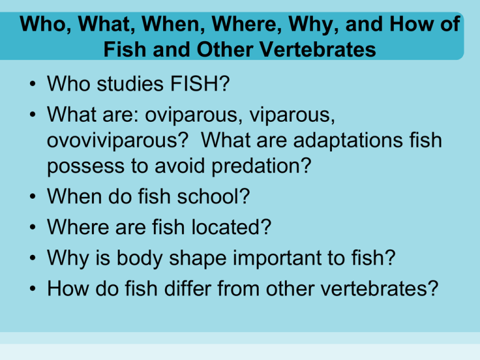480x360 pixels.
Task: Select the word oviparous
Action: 191,116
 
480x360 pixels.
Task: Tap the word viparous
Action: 290,116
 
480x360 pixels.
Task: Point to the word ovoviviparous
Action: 114,141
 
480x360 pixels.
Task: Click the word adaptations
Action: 347,141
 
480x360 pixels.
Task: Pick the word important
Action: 277,259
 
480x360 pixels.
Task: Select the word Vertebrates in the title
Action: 317,49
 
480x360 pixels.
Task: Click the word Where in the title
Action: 247,24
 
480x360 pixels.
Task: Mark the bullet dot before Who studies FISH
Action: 32,84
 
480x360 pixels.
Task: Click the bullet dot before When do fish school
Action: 32,196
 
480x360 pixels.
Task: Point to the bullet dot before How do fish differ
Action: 32,289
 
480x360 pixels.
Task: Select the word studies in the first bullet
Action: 130,84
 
